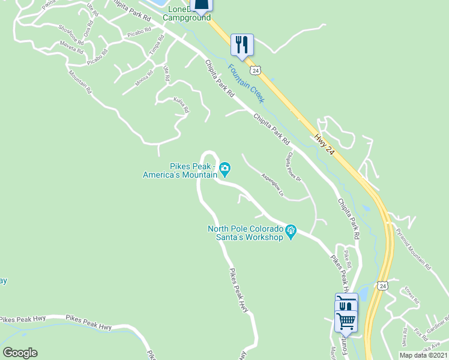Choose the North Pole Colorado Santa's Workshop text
[x=246, y=233]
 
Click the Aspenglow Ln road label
[x=272, y=184]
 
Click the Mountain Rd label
[x=79, y=83]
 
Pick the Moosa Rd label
[x=144, y=79]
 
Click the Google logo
[x=20, y=353]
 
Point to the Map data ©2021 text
[x=424, y=355]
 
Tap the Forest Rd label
[x=411, y=295]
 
